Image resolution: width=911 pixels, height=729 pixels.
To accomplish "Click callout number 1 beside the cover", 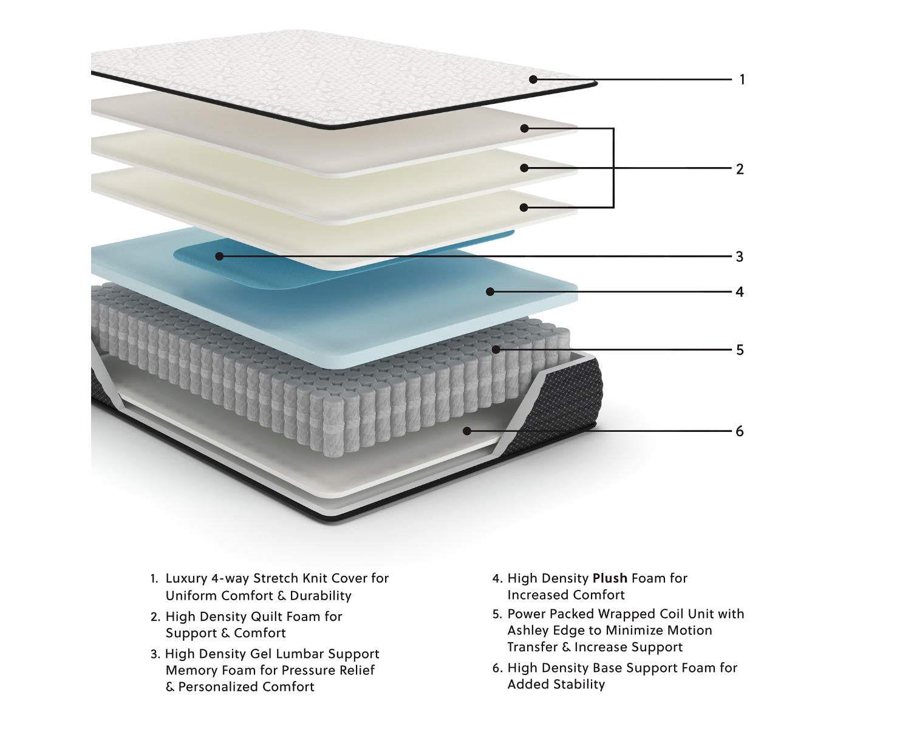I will point(742,80).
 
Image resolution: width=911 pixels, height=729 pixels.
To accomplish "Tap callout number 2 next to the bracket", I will point(740,169).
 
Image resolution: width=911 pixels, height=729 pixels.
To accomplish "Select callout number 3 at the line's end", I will point(739,257).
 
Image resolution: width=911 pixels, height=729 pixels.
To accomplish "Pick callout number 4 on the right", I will point(739,292).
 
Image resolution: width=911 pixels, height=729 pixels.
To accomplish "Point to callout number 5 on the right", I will point(740,350).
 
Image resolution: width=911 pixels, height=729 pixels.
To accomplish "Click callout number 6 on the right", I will point(739,431).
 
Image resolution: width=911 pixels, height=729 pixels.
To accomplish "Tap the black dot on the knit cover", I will point(533,79).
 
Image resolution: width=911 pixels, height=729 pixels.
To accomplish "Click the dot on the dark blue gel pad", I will point(219,256).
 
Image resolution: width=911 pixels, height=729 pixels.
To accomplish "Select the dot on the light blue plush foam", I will point(490,292).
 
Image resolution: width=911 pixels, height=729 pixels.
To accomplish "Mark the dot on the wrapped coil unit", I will point(496,349).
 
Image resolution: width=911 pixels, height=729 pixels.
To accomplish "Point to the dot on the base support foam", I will point(466,431).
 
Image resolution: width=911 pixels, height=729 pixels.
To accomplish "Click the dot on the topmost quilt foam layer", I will point(524,128).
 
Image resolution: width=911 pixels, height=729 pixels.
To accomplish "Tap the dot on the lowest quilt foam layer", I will point(524,207).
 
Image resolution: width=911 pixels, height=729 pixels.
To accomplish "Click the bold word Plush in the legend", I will point(610,578).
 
